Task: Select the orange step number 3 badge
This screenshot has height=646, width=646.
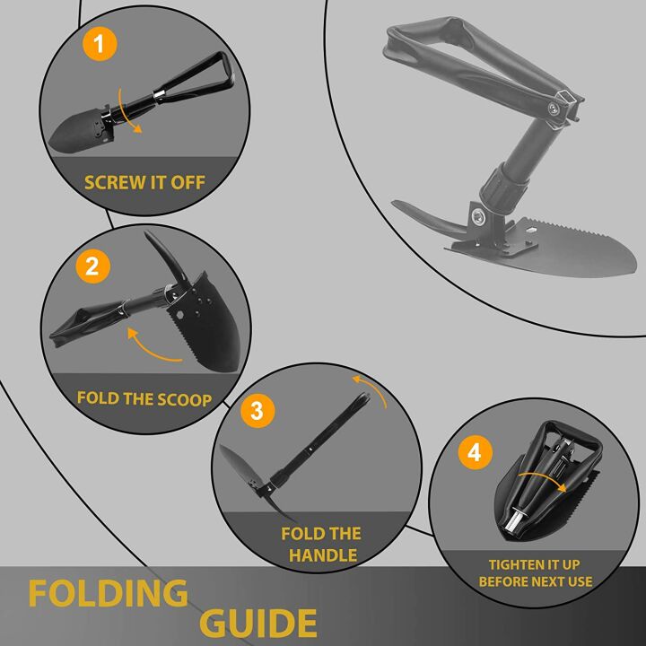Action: point(257,411)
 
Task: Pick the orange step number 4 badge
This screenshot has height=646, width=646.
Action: point(475,452)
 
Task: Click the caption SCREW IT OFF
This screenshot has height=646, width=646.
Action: point(144,182)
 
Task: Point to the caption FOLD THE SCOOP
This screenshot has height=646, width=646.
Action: point(144,397)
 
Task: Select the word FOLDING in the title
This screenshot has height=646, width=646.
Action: point(108,594)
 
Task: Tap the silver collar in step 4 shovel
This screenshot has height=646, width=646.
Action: point(518,521)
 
